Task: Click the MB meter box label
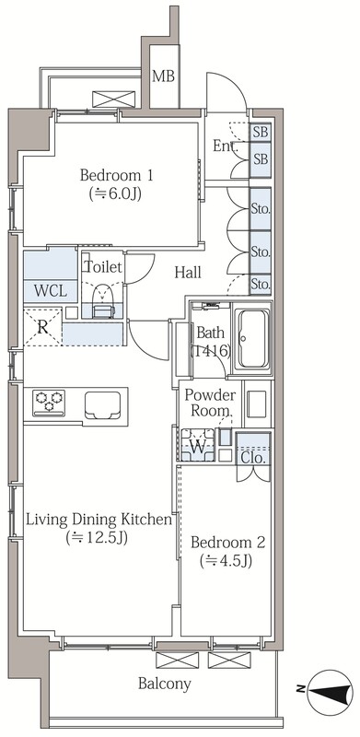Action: [164, 76]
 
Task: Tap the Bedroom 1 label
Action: [116, 176]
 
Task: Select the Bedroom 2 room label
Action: [228, 543]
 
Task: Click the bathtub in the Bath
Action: [254, 338]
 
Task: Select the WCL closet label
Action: [51, 292]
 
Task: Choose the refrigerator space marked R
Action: [42, 327]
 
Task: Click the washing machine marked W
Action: [198, 445]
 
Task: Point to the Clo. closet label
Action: [254, 457]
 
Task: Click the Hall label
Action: [188, 272]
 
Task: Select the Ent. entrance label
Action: [226, 146]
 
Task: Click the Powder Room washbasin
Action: [257, 404]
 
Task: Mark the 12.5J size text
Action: [98, 537]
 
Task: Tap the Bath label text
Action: [210, 333]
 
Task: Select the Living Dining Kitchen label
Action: [98, 520]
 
